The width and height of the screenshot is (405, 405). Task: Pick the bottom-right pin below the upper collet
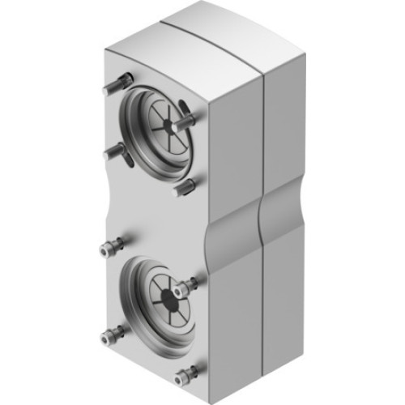(x=185, y=187)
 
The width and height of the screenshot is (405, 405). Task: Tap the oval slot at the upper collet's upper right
(x=185, y=107)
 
